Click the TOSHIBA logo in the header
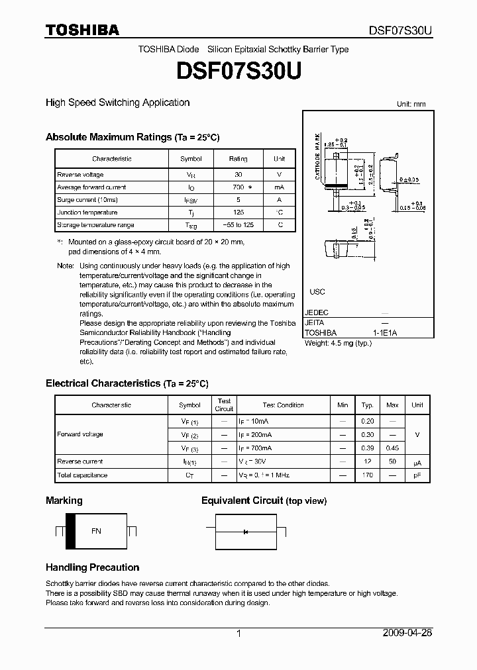(81, 30)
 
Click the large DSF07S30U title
(238, 70)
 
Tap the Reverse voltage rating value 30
(238, 174)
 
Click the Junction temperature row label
(87, 213)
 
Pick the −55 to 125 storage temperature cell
(238, 225)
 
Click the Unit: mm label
(411, 105)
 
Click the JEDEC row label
(316, 312)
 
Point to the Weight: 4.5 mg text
(337, 344)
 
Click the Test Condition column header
(283, 405)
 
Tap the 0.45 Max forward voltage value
(392, 449)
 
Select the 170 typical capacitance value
(367, 475)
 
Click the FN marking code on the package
(96, 531)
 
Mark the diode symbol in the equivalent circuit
(246, 531)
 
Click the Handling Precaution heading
(92, 567)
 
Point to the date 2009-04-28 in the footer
(407, 633)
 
